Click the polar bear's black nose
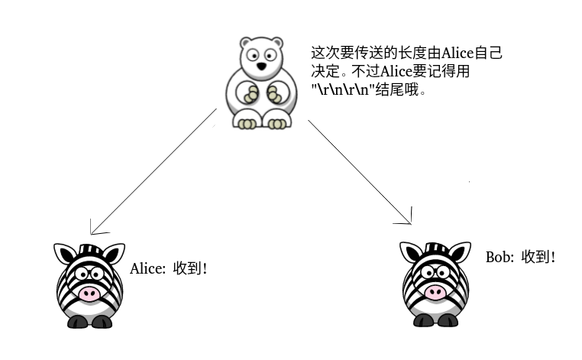(262, 66)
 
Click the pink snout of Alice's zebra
(89, 294)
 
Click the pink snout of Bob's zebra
(435, 291)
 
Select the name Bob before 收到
(498, 257)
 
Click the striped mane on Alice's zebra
(89, 251)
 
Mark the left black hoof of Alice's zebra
(76, 322)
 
